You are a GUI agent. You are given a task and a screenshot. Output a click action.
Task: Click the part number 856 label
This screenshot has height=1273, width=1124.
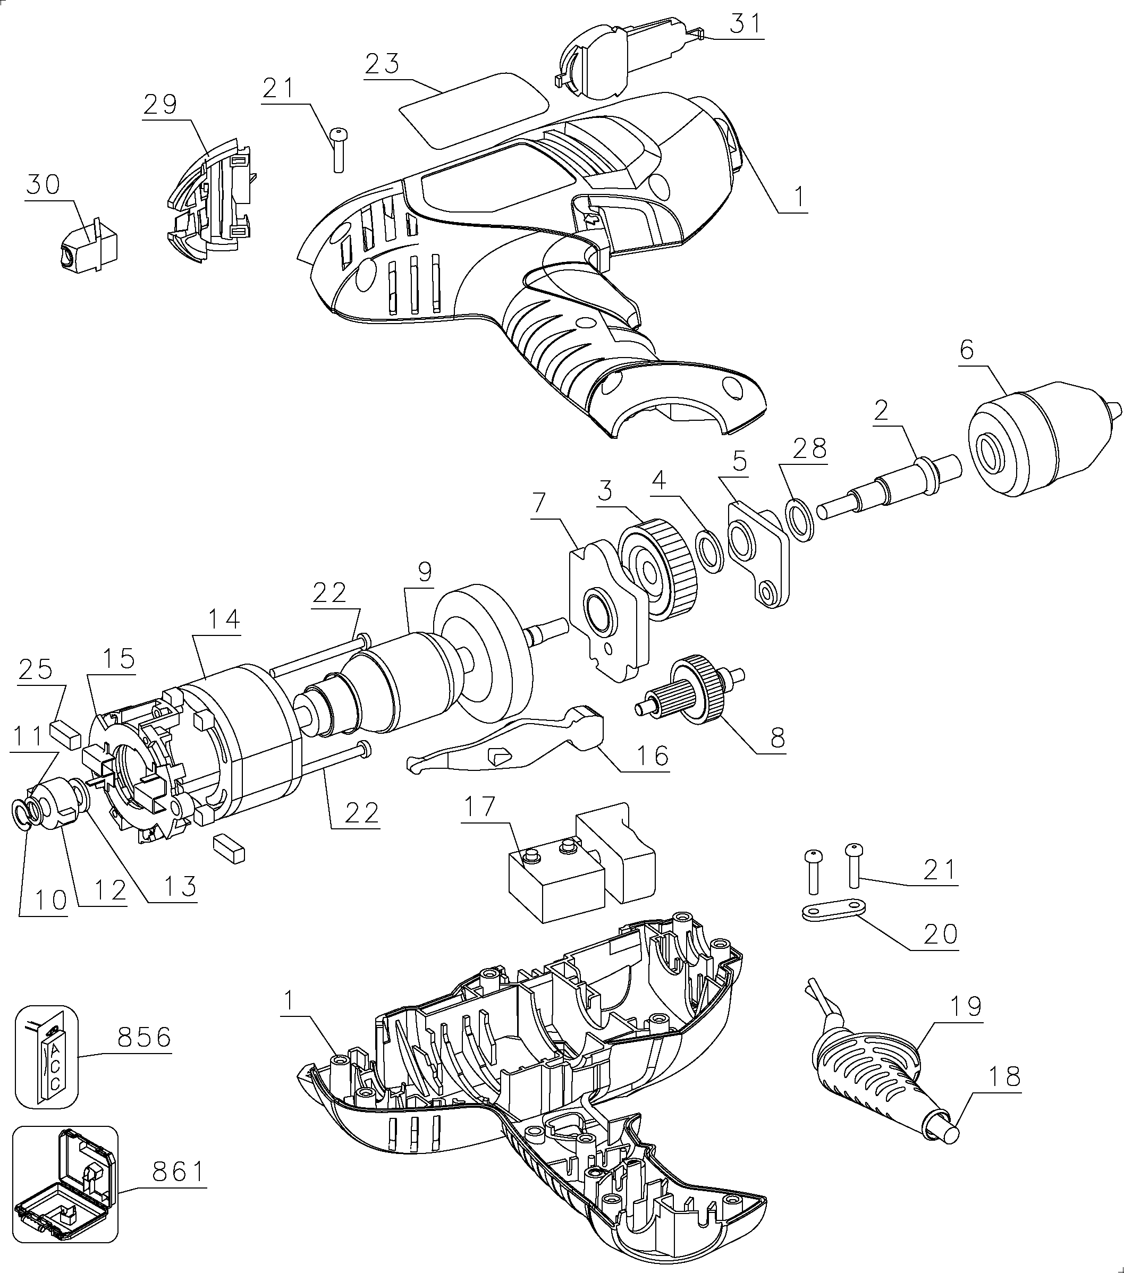144,1038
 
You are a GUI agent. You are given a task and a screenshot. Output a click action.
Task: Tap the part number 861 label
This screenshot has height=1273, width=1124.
179,1172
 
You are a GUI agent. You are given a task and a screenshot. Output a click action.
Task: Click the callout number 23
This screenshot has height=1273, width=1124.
382,64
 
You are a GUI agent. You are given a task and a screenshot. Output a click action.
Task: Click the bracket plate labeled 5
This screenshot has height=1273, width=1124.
759,552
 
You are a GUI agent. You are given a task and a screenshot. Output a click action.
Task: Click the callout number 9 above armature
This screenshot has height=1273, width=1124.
425,572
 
